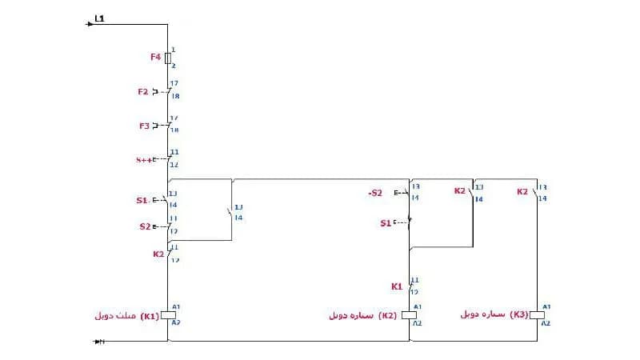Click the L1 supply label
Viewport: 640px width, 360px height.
tap(99, 18)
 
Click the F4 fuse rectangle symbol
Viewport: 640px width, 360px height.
tap(168, 58)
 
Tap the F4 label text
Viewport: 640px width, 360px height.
tap(155, 58)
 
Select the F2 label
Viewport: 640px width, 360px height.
tap(143, 92)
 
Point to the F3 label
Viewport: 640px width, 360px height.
tap(144, 126)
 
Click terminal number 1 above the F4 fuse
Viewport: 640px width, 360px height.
tap(173, 50)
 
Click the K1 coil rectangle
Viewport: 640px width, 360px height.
tap(168, 315)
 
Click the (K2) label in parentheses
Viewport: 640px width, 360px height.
tap(388, 315)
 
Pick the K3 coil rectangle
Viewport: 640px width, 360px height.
tap(538, 314)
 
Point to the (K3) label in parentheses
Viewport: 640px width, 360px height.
tap(520, 314)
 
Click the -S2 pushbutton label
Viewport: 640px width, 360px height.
tap(375, 193)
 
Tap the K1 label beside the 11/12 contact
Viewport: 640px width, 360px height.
tap(397, 286)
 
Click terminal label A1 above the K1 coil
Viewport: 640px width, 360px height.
tap(176, 306)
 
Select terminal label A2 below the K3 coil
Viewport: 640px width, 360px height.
tap(546, 323)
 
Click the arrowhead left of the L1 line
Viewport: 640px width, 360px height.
tap(90, 24)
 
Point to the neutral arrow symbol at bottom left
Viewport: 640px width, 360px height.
tap(100, 342)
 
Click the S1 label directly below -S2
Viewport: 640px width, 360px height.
tap(386, 223)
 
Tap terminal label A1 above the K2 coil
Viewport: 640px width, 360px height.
tap(417, 306)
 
